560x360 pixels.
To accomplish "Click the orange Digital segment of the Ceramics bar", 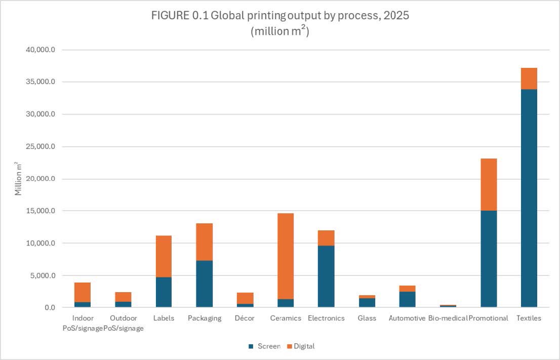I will [x=286, y=256].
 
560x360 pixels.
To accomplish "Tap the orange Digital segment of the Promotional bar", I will [x=488, y=184].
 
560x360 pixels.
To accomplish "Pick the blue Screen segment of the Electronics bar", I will [x=326, y=276].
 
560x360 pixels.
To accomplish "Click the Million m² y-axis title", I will [x=18, y=179].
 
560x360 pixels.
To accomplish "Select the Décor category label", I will [x=245, y=318].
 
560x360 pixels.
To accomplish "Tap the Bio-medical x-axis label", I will [x=447, y=318].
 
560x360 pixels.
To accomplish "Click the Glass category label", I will [x=367, y=318].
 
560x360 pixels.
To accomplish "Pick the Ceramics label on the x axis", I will [x=286, y=318].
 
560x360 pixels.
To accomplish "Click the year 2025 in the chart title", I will [x=395, y=16].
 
